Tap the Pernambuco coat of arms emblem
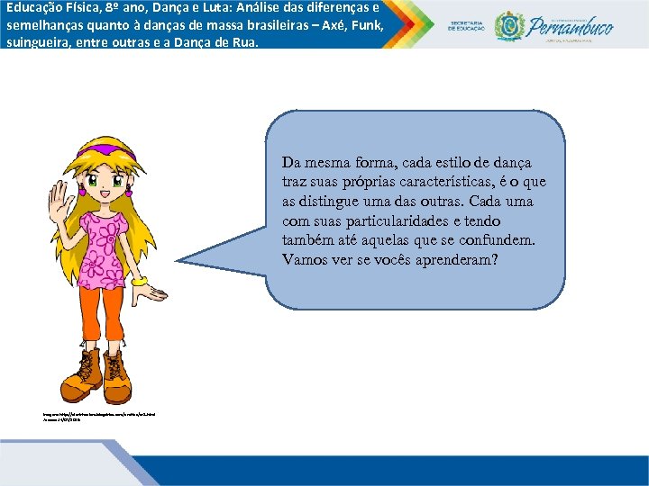click(x=509, y=25)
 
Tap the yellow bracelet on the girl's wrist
click(x=139, y=281)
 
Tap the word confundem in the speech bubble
click(x=500, y=240)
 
